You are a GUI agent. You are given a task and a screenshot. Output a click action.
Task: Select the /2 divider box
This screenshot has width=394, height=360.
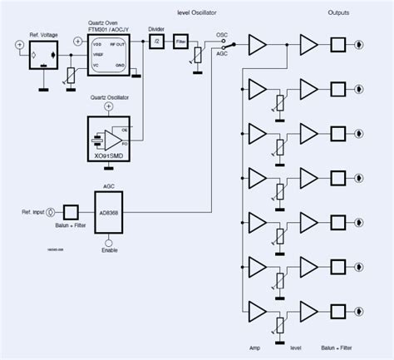click(155, 46)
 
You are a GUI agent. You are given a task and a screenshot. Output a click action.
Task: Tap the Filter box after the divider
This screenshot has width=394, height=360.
click(181, 47)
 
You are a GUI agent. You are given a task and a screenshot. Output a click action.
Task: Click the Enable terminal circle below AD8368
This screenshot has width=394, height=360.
click(109, 240)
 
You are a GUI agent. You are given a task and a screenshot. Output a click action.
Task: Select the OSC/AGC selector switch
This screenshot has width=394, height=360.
click(225, 45)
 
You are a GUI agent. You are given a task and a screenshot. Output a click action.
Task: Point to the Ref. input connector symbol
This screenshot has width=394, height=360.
click(51, 212)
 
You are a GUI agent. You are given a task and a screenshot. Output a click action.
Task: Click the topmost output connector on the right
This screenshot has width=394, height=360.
click(359, 46)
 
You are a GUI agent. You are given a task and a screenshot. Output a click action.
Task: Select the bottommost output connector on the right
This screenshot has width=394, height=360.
click(359, 311)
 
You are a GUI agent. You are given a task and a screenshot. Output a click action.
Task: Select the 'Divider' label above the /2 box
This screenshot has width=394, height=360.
click(155, 31)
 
